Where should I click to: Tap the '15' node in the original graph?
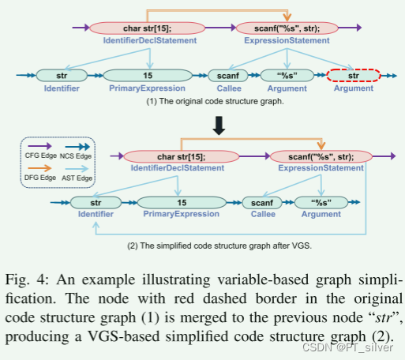pos(148,77)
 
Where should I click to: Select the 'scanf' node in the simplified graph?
pos(263,204)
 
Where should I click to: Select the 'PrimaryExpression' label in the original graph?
pos(148,89)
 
